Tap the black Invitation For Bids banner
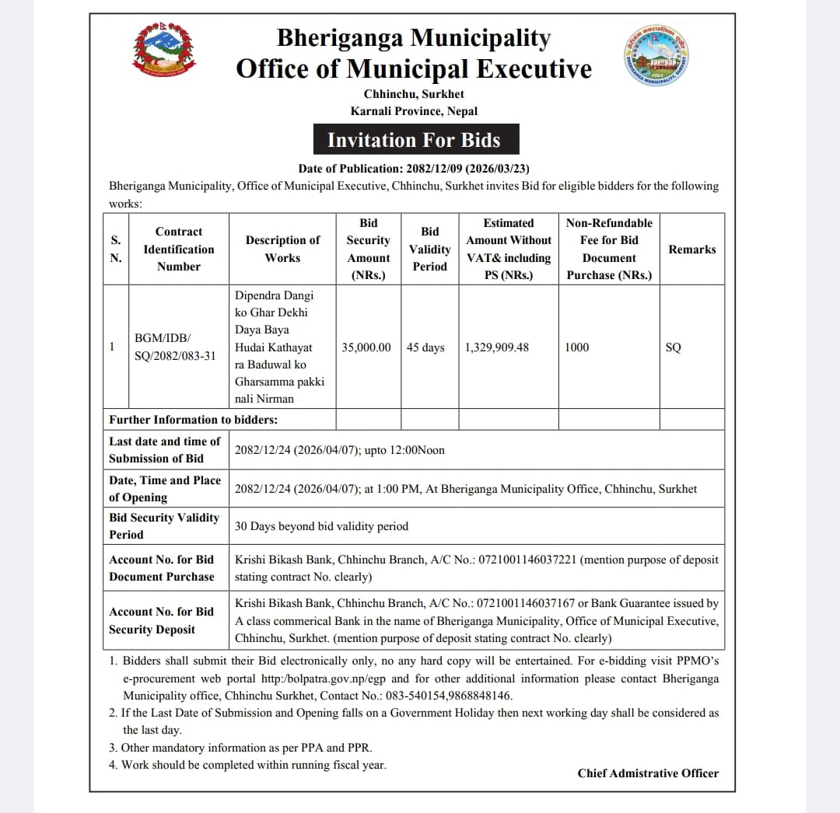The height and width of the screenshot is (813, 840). click(414, 140)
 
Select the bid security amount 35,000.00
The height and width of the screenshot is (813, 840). click(366, 347)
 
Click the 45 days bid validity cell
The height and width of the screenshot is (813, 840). click(425, 347)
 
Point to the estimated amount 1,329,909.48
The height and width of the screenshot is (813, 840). click(497, 347)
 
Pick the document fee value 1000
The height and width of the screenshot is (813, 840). click(577, 347)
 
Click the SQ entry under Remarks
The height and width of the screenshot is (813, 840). click(674, 347)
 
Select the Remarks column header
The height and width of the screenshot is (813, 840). click(692, 249)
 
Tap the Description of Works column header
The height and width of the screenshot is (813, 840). click(282, 249)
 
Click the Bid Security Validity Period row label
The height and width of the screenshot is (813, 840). click(164, 526)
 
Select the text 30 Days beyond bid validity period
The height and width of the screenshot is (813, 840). click(321, 526)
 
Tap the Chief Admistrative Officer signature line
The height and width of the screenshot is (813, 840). click(648, 773)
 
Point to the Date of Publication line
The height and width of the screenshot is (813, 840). click(414, 169)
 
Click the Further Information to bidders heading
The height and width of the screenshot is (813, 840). click(193, 420)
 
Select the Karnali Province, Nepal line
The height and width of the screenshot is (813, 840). click(414, 111)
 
